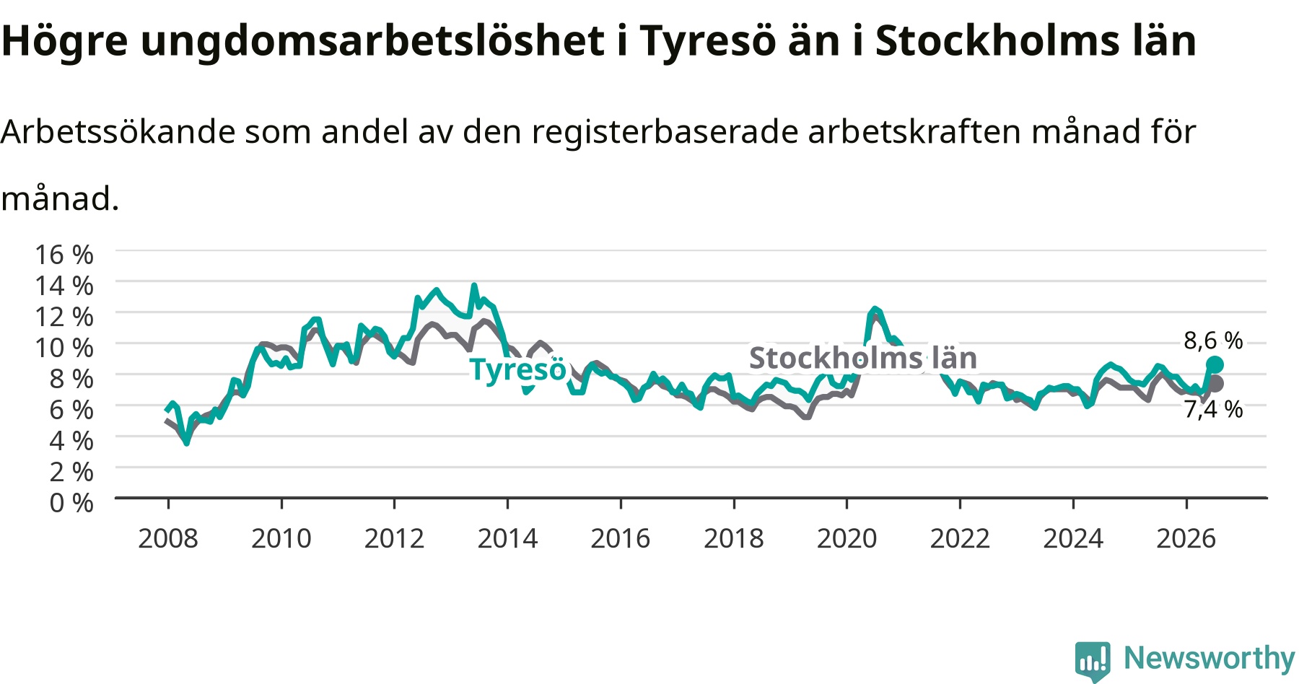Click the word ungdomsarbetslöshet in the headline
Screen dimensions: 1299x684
(x=372, y=42)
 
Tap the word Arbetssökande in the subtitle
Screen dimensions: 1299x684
(x=118, y=131)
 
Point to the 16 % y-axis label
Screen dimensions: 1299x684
(x=64, y=255)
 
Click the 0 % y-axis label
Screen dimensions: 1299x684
(x=71, y=502)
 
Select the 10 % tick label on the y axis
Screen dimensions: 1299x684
(x=64, y=348)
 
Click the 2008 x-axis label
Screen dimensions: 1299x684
(x=168, y=538)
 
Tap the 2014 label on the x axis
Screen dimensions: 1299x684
(x=507, y=538)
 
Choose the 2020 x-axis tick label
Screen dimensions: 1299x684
(x=847, y=538)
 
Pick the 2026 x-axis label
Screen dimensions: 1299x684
(x=1186, y=538)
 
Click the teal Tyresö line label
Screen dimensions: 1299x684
(x=518, y=369)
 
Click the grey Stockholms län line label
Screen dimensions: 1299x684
(x=863, y=358)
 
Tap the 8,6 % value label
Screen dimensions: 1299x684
(x=1213, y=341)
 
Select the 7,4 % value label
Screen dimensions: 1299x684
(x=1213, y=410)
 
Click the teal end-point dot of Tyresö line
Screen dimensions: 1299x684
(x=1215, y=364)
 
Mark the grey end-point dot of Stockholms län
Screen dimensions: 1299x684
(x=1215, y=384)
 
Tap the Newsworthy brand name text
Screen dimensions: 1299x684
(x=1210, y=658)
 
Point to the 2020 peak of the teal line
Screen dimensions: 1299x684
(x=875, y=309)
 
